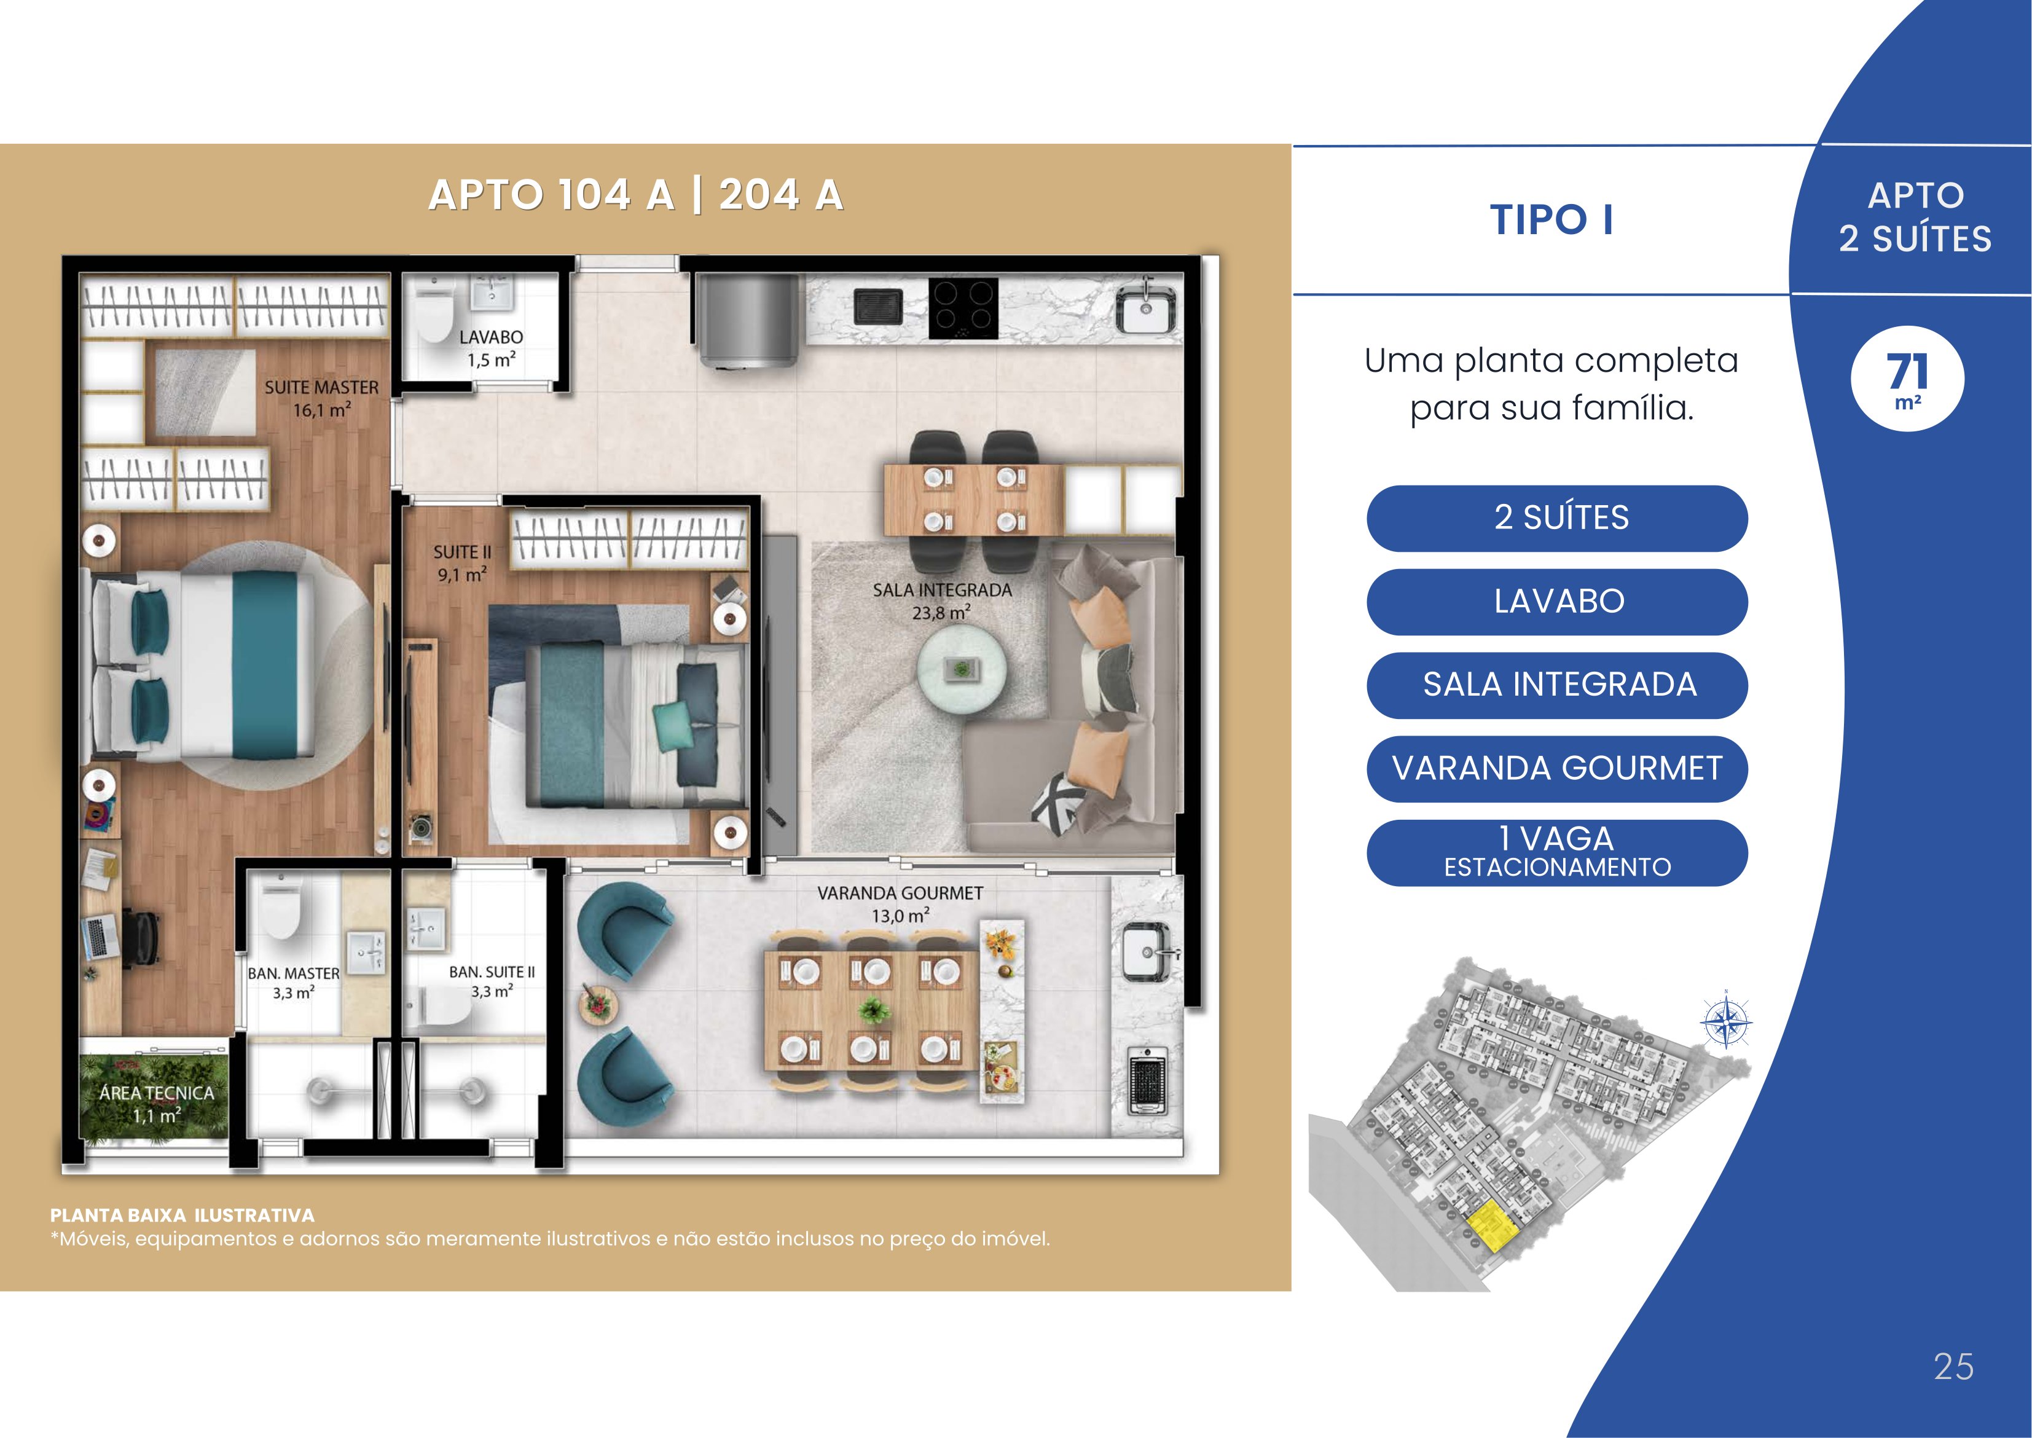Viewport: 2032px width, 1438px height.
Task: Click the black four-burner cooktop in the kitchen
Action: [x=963, y=308]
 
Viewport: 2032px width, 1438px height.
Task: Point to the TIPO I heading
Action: [x=1551, y=219]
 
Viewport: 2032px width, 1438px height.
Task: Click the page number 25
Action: [x=1954, y=1367]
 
